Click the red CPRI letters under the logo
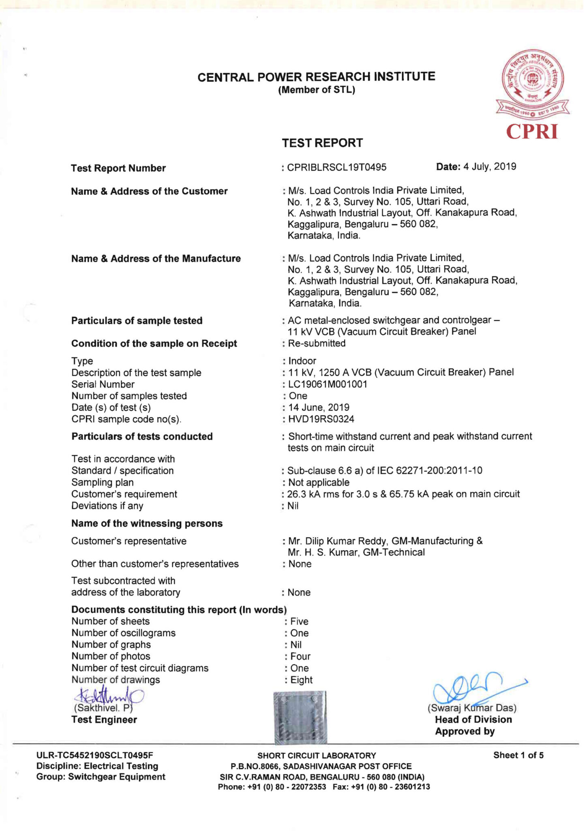point(532,132)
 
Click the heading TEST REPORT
point(322,143)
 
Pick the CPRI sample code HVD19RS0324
point(321,419)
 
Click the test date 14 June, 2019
point(319,407)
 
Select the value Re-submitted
point(317,343)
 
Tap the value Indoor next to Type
point(302,361)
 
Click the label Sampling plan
point(103,482)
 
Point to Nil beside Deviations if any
point(293,506)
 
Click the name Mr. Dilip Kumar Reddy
point(338,541)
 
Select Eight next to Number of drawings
point(301,680)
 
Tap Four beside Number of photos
point(300,656)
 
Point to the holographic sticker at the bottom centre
point(300,717)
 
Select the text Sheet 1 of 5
point(518,755)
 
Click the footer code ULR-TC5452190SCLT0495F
point(94,755)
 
